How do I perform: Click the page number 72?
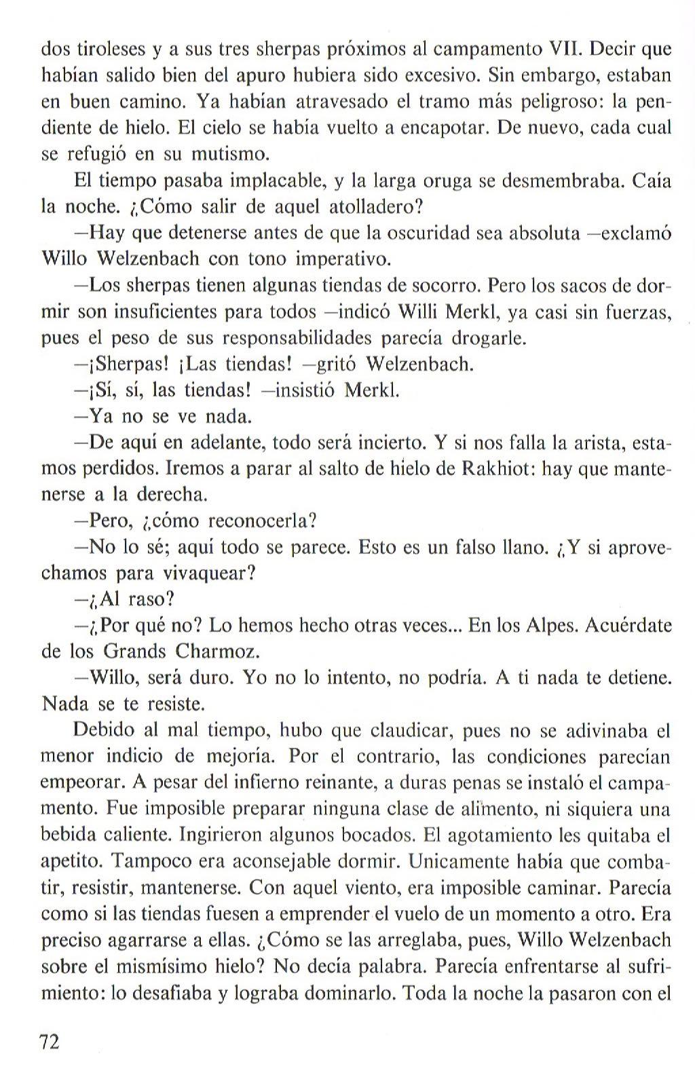(50, 1041)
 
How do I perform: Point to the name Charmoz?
(217, 651)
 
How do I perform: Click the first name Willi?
(417, 311)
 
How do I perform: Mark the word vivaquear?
(208, 573)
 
